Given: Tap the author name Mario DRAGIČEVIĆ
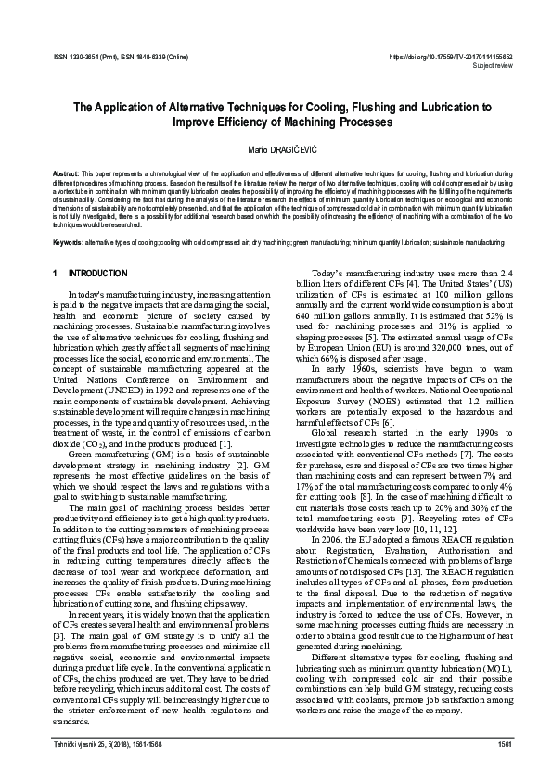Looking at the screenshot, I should pos(276,150).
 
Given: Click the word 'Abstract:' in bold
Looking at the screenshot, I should pos(65,173).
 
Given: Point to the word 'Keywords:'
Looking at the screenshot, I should pos(68,241).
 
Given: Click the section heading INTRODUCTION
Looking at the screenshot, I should pos(99,274).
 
